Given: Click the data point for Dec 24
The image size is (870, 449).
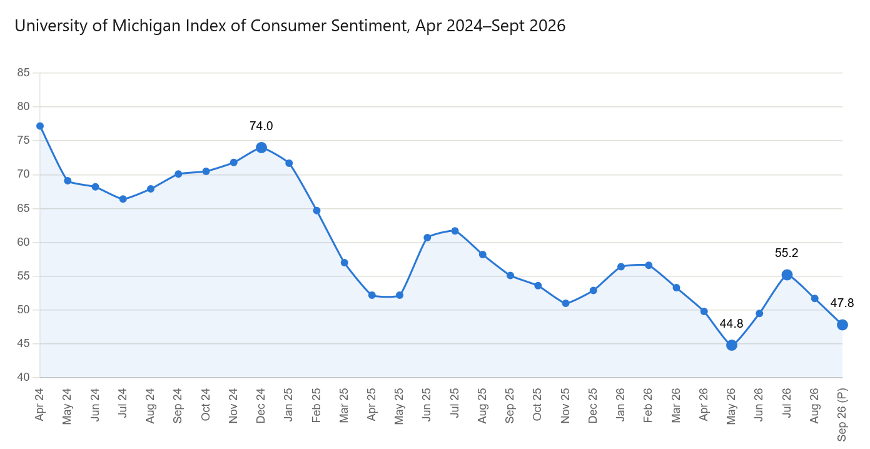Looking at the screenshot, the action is (261, 148).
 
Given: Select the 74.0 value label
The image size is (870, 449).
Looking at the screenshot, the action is (261, 126).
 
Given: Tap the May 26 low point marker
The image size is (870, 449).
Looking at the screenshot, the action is (732, 345).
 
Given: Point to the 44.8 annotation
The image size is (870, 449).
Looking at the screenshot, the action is (731, 323).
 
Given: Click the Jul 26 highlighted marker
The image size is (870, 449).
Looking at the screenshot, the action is (787, 275).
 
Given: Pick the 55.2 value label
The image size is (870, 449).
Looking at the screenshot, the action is (786, 253).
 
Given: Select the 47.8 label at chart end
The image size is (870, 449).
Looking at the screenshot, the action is (842, 303).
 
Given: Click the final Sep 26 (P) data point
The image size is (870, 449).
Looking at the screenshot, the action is (842, 325).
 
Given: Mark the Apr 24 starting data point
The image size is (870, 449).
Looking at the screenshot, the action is (40, 126).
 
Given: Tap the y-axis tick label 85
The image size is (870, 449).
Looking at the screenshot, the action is (23, 73).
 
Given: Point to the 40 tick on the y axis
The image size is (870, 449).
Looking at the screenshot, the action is (23, 377).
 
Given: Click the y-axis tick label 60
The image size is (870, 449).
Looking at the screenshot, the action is (23, 242).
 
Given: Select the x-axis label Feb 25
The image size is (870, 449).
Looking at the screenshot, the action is (316, 405).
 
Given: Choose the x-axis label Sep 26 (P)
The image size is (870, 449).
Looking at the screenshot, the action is (842, 415).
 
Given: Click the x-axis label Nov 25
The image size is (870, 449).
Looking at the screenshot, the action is (565, 405).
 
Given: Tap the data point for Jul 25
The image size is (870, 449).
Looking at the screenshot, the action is (455, 231).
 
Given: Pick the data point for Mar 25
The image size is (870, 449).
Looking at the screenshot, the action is (345, 263).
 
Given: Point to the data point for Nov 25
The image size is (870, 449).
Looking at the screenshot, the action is (566, 303).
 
